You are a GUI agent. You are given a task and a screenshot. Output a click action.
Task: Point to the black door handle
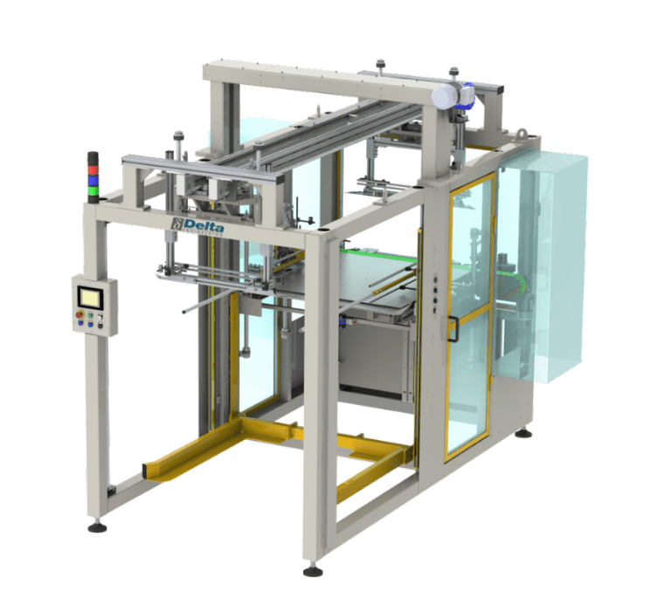[x=454, y=328]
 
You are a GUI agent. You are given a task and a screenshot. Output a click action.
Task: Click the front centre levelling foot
[x=312, y=572]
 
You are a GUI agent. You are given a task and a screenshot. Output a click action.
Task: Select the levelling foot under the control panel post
[x=97, y=527]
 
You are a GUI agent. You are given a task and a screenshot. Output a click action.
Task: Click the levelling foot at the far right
[x=523, y=433]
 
